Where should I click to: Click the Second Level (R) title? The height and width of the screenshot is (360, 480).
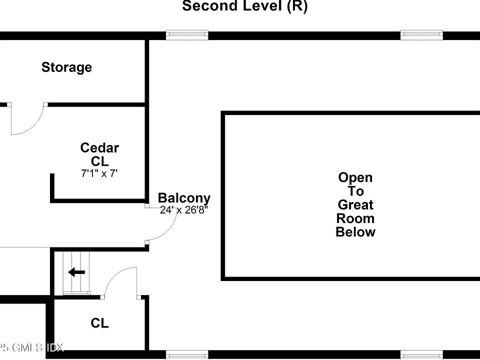[244, 6]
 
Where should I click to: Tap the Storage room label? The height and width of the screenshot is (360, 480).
[66, 67]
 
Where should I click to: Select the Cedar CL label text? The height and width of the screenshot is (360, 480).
[99, 154]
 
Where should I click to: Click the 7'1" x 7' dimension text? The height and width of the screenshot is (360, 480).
[99, 174]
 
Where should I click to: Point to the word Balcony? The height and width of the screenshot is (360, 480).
[184, 198]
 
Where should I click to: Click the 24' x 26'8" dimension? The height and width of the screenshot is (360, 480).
[183, 210]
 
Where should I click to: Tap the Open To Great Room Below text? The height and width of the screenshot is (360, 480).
[355, 204]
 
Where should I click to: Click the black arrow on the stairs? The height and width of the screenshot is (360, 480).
[76, 272]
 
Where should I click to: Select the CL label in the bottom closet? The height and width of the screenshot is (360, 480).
[99, 323]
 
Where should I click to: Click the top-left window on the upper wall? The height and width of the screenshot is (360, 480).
[186, 35]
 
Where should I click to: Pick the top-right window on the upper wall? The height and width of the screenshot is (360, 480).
[421, 35]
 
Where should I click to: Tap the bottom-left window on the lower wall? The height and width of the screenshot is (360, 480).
[186, 355]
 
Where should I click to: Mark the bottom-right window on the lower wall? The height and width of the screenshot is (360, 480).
[421, 355]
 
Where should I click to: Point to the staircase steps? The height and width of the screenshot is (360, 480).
[75, 272]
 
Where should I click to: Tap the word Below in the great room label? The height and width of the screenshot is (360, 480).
[355, 232]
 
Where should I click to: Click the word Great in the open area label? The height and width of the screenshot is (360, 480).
[355, 204]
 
